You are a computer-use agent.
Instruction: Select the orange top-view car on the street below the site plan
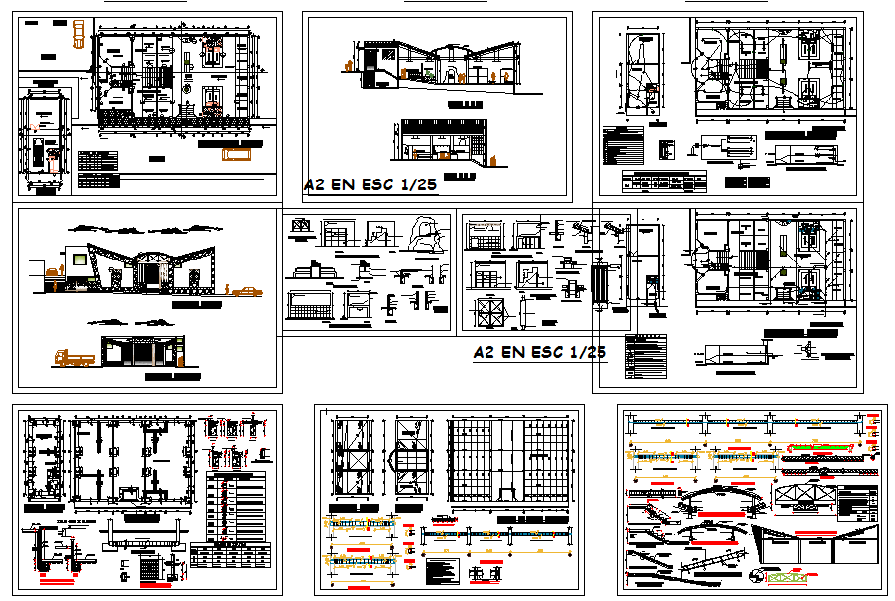point(236,153)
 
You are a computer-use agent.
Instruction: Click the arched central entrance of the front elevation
point(151,269)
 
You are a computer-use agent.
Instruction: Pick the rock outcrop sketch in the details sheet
point(425,232)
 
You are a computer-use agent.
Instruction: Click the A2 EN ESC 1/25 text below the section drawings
point(370,184)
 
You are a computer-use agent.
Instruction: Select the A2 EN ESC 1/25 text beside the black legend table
point(539,352)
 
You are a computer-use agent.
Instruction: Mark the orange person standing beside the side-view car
point(227,289)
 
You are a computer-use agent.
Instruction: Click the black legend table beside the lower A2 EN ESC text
point(646,355)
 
